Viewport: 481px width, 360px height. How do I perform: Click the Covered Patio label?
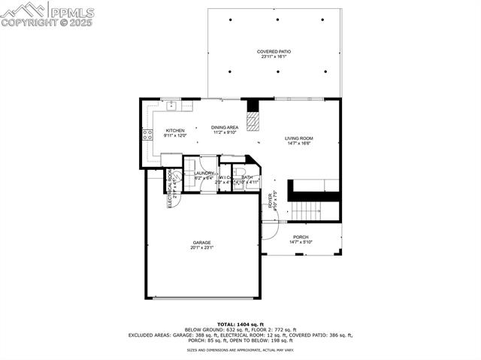click(x=274, y=51)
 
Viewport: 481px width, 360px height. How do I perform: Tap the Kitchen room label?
click(x=175, y=131)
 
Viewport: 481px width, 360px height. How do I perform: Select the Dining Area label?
click(x=225, y=127)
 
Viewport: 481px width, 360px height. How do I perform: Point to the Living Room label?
click(x=298, y=138)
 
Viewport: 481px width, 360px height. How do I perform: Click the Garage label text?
click(x=201, y=242)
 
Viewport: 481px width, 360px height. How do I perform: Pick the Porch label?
click(x=301, y=237)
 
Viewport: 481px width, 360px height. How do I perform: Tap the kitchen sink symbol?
click(x=173, y=104)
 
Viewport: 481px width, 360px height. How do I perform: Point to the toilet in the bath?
click(x=238, y=177)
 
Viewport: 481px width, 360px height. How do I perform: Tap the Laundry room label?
click(x=204, y=174)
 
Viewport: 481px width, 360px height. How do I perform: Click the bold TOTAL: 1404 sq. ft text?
click(x=240, y=324)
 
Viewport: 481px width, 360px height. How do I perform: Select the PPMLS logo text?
click(x=71, y=11)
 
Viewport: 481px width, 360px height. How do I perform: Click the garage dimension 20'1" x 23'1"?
click(x=201, y=247)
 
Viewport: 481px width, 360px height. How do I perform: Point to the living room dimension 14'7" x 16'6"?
click(x=298, y=144)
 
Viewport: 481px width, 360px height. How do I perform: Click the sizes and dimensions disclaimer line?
click(x=240, y=350)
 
